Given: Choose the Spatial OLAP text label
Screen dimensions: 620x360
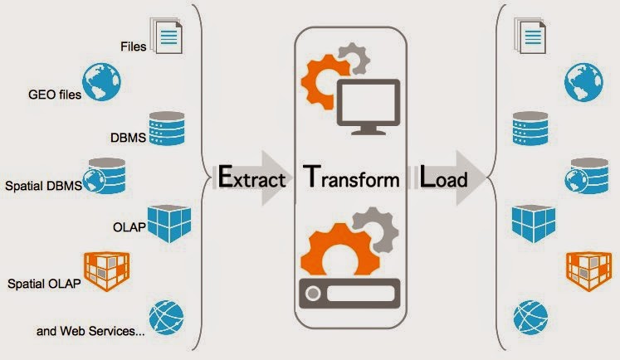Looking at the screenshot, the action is coord(44,284).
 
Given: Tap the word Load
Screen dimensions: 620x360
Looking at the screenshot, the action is coord(443,178).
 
